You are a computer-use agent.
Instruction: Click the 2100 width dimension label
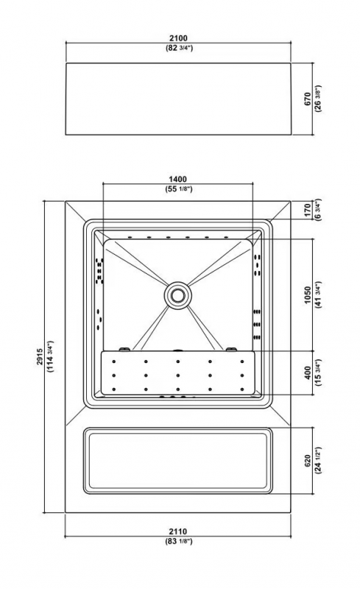point(178,38)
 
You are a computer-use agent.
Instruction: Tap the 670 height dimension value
point(308,99)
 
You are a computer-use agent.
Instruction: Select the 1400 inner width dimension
point(177,179)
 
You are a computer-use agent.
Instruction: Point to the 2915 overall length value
point(40,356)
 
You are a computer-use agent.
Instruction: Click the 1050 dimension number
point(308,295)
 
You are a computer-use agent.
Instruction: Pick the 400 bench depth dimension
point(308,373)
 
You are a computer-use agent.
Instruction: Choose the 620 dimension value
point(308,461)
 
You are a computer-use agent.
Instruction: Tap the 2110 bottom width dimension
point(177,532)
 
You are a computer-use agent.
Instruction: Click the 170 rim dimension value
point(308,211)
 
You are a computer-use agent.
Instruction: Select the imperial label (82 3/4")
point(179,48)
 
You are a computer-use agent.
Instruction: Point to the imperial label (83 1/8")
point(178,541)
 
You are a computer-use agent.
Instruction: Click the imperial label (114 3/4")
point(50,356)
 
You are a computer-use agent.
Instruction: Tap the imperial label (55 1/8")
point(178,189)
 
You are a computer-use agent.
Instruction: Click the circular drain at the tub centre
point(177,295)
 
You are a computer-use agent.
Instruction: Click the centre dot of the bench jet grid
point(177,375)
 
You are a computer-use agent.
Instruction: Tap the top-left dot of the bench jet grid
point(113,361)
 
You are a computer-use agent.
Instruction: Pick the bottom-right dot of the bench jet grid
point(242,389)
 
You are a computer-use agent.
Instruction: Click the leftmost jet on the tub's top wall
point(130,237)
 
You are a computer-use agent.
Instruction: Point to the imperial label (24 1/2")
point(318,461)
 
